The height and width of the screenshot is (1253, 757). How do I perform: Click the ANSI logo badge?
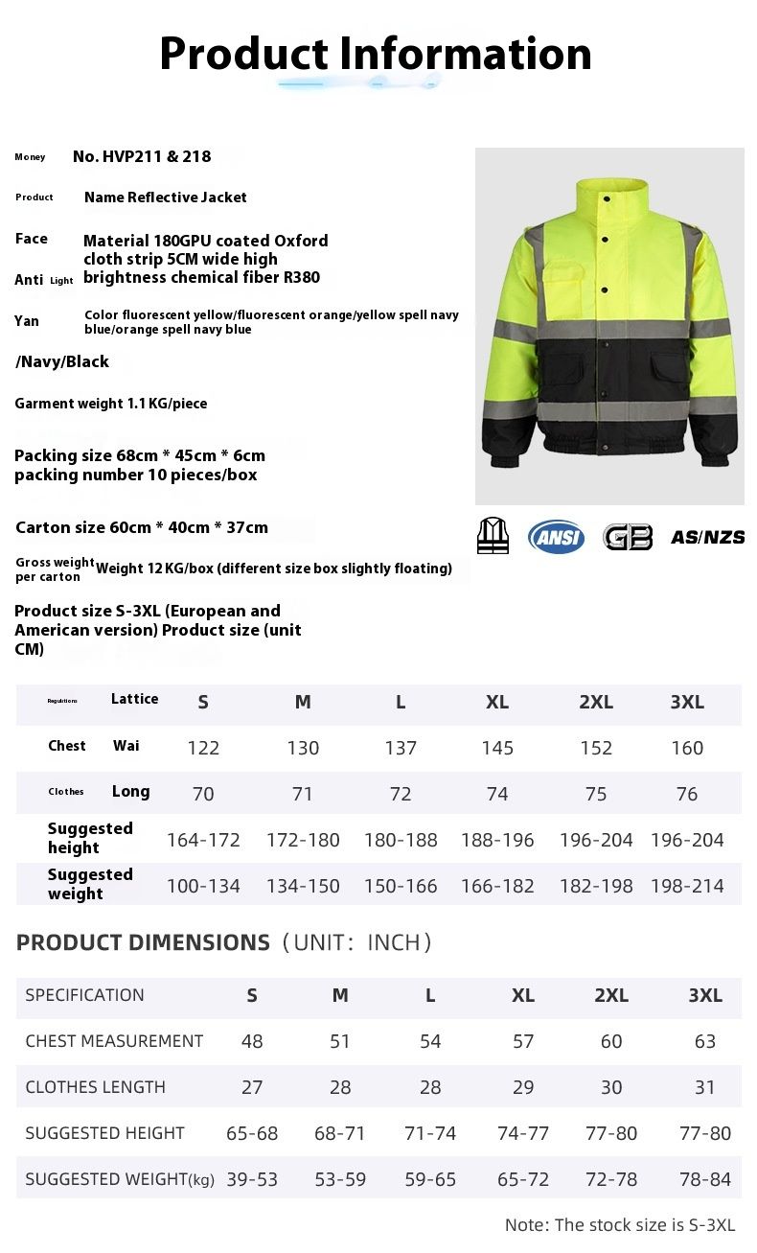click(556, 536)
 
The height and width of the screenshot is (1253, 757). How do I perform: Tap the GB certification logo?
click(628, 536)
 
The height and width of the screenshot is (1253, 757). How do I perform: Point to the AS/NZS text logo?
click(707, 537)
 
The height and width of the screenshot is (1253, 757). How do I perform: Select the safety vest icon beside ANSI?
click(493, 535)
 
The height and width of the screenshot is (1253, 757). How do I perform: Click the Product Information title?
click(376, 54)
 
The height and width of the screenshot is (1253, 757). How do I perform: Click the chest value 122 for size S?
click(203, 748)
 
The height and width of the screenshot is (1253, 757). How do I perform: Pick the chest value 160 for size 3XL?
click(687, 748)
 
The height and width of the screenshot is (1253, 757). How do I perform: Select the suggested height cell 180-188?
click(401, 840)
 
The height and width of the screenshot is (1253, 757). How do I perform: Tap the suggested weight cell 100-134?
click(203, 886)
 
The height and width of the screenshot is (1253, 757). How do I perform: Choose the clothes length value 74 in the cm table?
click(497, 794)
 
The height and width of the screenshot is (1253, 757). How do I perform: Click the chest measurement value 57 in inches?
click(523, 1041)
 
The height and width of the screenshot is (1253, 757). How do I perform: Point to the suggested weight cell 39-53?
click(252, 1179)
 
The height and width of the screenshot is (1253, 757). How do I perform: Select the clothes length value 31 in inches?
click(705, 1087)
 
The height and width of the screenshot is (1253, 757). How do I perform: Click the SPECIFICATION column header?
click(84, 995)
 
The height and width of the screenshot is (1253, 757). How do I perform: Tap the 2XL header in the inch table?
click(611, 995)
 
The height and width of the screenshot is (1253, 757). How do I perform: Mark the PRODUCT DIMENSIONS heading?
click(143, 942)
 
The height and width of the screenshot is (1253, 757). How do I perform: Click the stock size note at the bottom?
click(620, 1225)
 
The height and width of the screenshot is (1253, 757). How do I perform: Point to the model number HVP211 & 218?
click(142, 156)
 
